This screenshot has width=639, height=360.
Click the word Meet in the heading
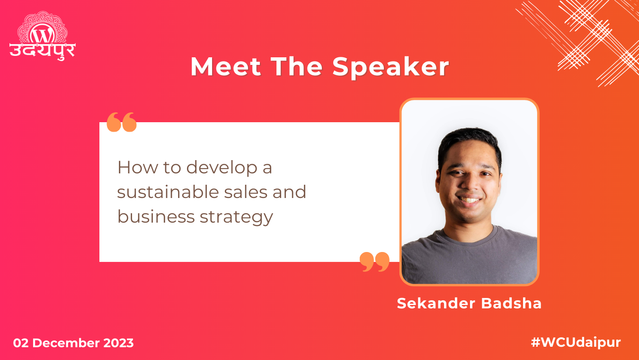225,67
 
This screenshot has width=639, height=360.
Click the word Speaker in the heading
390,67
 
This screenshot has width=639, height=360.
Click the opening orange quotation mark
122,122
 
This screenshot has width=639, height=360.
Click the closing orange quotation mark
374,261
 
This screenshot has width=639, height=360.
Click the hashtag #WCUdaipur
576,342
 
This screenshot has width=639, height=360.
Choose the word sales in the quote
259,192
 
